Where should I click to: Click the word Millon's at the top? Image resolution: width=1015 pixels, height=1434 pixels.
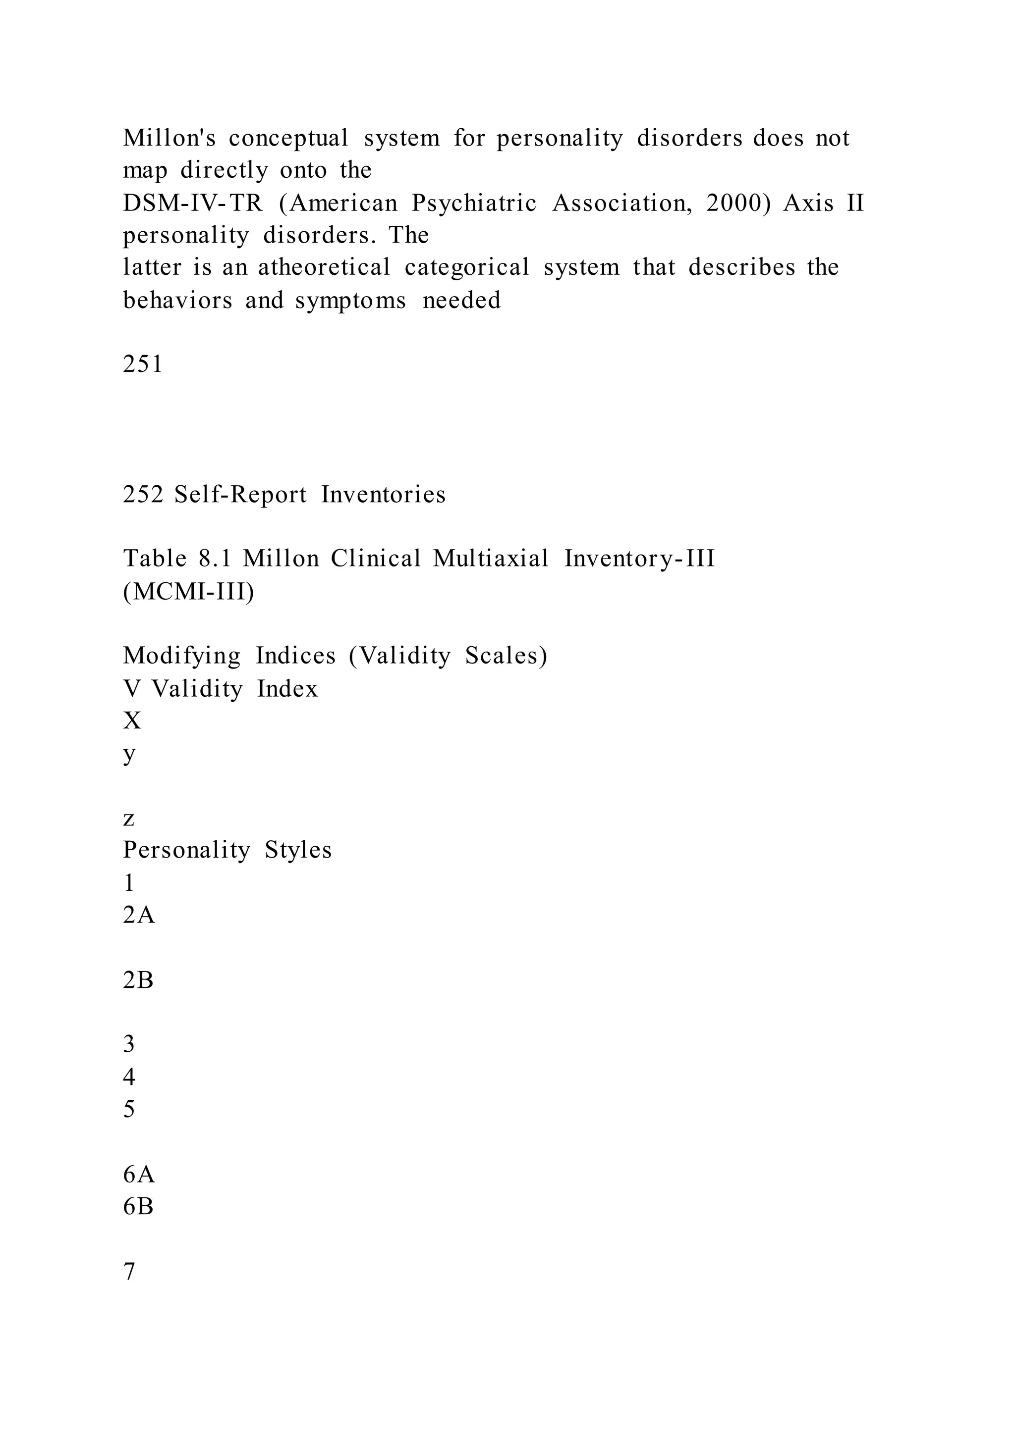click(169, 138)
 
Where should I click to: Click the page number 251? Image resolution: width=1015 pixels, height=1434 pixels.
click(143, 364)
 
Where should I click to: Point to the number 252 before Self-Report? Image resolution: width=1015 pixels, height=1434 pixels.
click(143, 495)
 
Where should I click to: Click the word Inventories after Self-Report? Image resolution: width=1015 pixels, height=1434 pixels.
click(383, 495)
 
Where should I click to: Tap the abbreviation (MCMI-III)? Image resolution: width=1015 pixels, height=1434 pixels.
click(189, 591)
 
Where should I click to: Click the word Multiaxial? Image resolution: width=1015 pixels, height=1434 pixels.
click(491, 559)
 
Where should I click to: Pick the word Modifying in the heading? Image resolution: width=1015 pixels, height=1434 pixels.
click(181, 656)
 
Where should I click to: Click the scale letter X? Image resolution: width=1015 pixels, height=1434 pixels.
click(132, 721)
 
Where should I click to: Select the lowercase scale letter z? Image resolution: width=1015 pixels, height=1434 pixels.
click(129, 818)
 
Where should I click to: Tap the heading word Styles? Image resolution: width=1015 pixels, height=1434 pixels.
click(298, 850)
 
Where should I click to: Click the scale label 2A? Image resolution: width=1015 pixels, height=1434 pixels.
click(138, 916)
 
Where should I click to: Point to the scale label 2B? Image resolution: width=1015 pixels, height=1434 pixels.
click(138, 980)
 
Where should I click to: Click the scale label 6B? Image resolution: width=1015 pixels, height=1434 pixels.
click(138, 1207)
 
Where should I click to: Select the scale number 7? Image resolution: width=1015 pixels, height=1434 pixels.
click(129, 1272)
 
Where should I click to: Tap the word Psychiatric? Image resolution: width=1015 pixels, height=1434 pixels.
click(474, 203)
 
